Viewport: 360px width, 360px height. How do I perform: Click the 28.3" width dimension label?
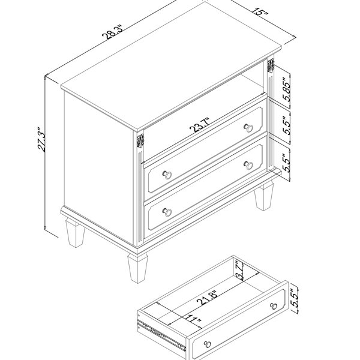tap(113, 32)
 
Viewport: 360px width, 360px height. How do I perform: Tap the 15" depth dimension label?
tap(260, 11)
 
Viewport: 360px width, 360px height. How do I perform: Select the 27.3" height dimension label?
tap(41, 139)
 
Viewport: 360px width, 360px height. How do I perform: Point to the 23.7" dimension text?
tap(200, 125)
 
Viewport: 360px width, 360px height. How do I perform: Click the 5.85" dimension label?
tap(286, 89)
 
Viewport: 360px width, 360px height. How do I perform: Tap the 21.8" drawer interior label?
tap(208, 298)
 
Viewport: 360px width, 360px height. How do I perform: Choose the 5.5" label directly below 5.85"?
tap(286, 125)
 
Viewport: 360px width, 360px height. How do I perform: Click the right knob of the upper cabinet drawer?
tap(248, 128)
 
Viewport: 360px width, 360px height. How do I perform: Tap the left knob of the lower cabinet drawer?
tap(167, 212)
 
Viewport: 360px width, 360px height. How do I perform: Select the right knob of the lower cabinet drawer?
tap(248, 165)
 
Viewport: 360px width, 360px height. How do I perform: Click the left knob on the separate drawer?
tap(208, 344)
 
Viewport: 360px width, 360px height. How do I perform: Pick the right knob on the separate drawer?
tap(273, 306)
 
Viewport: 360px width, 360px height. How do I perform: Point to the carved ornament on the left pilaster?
tap(140, 141)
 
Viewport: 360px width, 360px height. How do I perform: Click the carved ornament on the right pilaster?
tap(271, 65)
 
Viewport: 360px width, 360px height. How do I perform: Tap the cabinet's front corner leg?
tap(137, 268)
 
